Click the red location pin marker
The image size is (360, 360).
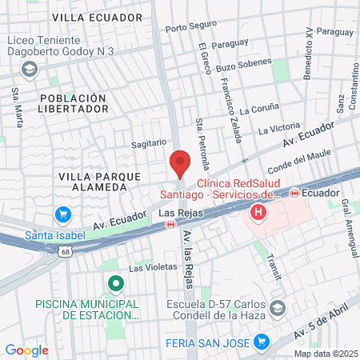(180, 163)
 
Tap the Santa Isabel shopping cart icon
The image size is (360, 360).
(62, 214)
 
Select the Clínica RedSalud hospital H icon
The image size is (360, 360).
(258, 213)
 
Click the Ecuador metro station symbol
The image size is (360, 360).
(294, 193)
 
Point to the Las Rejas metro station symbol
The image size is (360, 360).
(170, 226)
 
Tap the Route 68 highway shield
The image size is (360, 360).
(63, 251)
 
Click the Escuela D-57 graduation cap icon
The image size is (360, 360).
(277, 308)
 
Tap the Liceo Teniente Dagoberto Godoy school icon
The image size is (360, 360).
(30, 70)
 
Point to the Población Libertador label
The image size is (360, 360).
(72, 102)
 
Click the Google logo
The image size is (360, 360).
(26, 350)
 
